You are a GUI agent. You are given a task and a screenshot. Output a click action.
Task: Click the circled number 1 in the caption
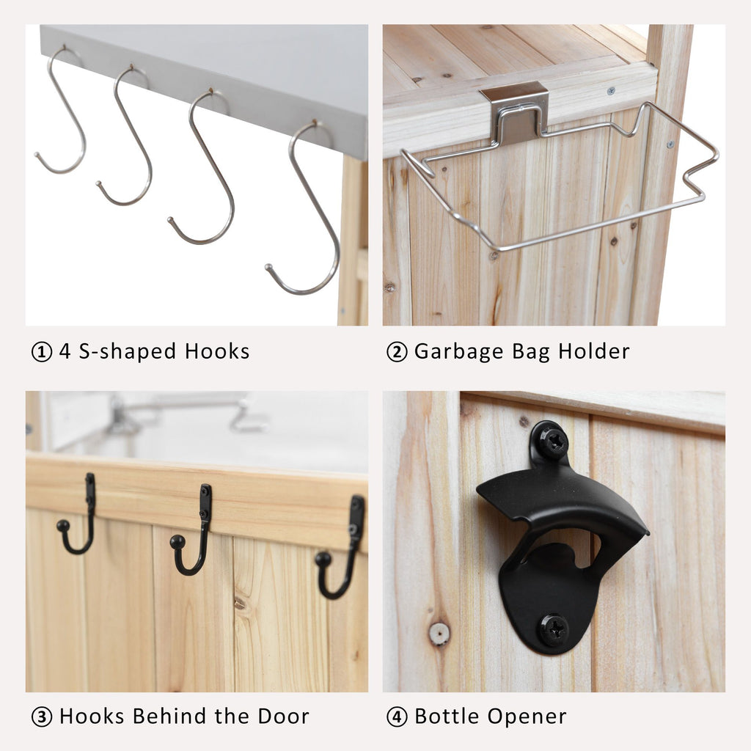42,352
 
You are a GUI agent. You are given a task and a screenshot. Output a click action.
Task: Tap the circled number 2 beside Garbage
397,352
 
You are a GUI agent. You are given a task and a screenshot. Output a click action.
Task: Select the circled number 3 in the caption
42,717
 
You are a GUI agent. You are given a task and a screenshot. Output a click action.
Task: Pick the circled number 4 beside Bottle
397,717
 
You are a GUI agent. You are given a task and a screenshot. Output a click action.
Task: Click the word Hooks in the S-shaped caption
217,351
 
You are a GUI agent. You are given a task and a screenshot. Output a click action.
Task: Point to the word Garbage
459,352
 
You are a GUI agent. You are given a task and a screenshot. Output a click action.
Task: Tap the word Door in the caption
283,716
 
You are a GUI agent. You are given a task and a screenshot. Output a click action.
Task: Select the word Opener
527,717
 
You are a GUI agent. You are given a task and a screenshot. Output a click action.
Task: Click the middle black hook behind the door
194,531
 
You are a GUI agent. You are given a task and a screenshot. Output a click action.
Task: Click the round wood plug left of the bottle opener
439,634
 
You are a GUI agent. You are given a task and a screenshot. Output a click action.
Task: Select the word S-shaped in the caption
128,352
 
